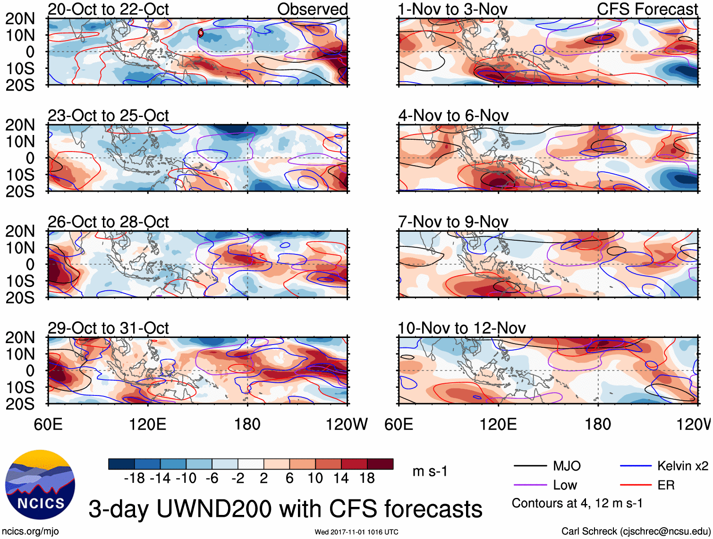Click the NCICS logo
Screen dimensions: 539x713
pos(40,485)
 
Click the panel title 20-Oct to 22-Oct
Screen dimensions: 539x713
pos(108,9)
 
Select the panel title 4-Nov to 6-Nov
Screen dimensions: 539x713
pos(453,116)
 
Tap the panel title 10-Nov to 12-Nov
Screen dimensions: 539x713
pos(461,328)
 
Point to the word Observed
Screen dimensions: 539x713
pos(312,9)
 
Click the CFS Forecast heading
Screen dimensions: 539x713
pos(647,9)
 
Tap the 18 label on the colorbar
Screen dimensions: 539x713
pos(367,479)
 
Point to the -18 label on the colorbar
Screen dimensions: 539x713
pos(134,479)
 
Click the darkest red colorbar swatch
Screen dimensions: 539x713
pos(380,464)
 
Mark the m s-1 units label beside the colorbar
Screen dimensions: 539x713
pos(430,472)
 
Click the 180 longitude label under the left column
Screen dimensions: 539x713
pos(247,424)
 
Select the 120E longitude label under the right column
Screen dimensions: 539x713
pos(498,424)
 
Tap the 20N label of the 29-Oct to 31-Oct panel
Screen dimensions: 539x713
pos(20,337)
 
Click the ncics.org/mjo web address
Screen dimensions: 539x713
pos(30,531)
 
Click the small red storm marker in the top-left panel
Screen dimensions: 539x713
pos(201,33)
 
